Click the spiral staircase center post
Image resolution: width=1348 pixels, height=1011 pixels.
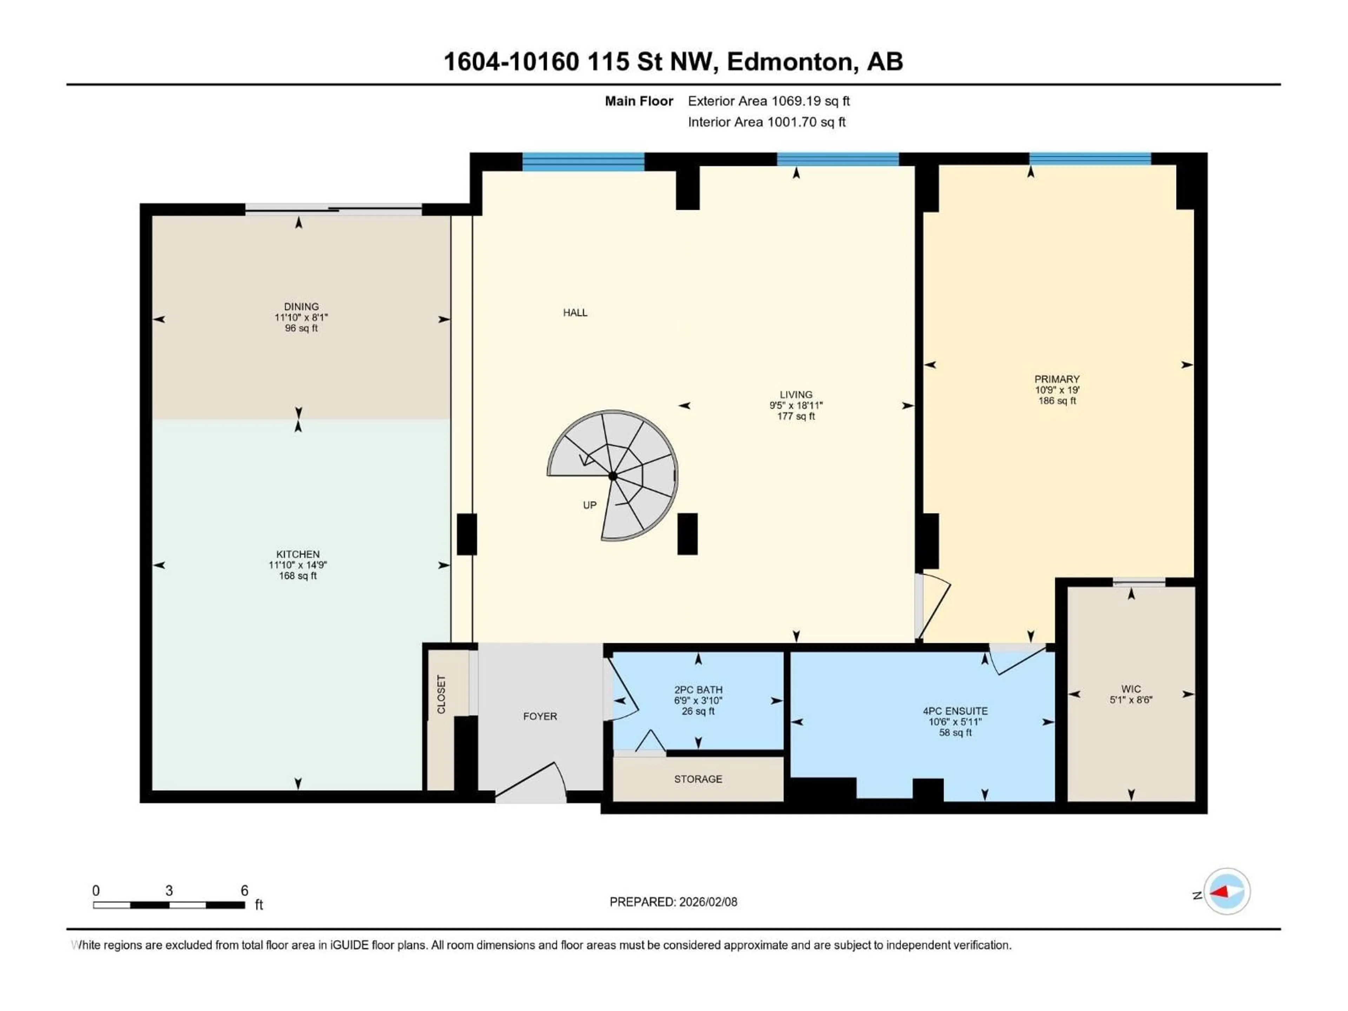(613, 476)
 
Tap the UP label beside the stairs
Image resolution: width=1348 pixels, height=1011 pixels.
(589, 505)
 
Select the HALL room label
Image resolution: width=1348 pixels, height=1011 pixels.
(575, 313)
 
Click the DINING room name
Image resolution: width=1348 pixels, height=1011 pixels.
(301, 306)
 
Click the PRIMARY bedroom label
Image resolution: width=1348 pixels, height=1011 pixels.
(1057, 379)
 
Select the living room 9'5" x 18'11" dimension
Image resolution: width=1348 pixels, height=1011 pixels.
(796, 405)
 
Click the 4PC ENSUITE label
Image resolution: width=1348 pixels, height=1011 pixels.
(955, 711)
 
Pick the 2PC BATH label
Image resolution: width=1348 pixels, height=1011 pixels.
(698, 690)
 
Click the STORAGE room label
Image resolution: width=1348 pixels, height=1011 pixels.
(698, 779)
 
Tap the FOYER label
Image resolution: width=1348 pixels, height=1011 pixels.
(540, 716)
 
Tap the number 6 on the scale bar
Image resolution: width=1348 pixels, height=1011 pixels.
(244, 890)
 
